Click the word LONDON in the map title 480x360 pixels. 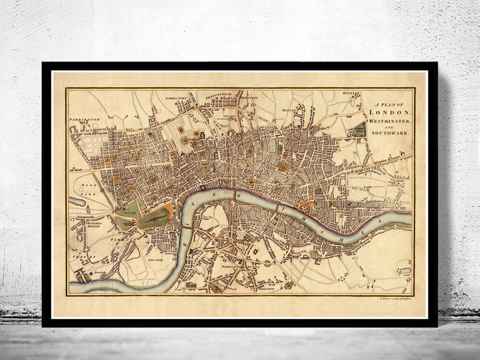pyautogui.click(x=390, y=112)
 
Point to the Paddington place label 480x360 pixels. pyautogui.click(x=84, y=119)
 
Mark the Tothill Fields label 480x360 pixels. pyautogui.click(x=157, y=262)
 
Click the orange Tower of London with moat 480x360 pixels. pyautogui.click(x=304, y=207)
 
